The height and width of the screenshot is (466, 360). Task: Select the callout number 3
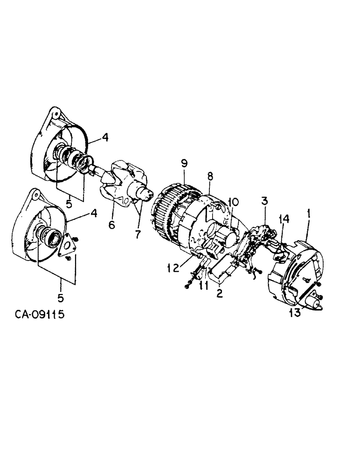tap(264, 201)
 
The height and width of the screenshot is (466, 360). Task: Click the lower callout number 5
tap(61, 296)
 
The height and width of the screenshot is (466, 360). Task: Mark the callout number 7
tap(138, 234)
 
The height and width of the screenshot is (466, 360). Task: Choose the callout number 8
tap(210, 177)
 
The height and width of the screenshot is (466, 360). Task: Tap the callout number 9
tap(184, 164)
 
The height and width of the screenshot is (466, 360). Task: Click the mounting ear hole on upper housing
tap(55, 113)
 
